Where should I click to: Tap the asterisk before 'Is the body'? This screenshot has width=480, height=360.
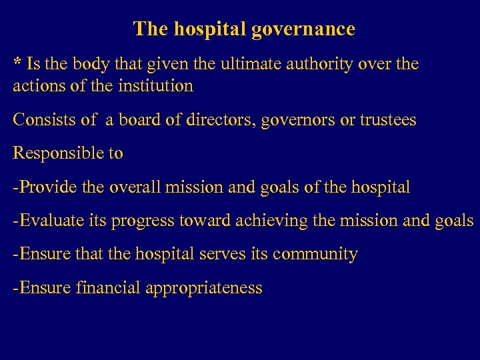pyautogui.click(x=18, y=63)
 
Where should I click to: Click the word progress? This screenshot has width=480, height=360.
pyautogui.click(x=141, y=221)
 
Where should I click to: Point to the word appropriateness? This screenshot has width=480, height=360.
pyautogui.click(x=204, y=289)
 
